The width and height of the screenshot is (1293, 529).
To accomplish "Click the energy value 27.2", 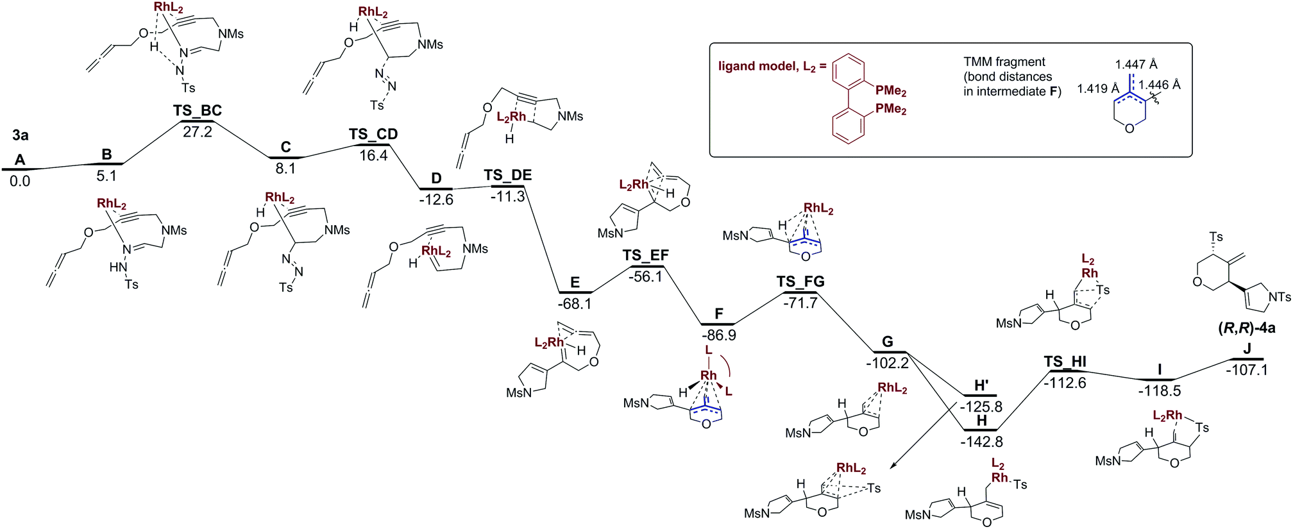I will click(197, 132).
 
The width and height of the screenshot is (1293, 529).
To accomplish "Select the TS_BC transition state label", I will click(197, 111).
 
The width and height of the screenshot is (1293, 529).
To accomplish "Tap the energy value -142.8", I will click(981, 441).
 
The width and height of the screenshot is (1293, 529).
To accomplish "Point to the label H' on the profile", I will click(981, 385).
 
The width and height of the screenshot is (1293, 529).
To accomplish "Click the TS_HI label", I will click(1065, 362).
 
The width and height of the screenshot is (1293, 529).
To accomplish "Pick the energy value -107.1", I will click(1247, 370).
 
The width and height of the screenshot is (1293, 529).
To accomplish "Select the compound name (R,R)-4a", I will click(1246, 328).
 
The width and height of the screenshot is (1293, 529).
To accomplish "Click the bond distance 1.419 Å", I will click(1097, 88).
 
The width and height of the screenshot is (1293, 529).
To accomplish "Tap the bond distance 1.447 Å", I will click(1136, 65).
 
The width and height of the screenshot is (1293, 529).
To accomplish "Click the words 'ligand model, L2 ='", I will click(772, 67).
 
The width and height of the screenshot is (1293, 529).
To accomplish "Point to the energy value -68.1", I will click(575, 304).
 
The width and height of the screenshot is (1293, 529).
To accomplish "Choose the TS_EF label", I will click(646, 256).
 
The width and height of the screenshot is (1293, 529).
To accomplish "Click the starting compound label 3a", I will click(21, 135).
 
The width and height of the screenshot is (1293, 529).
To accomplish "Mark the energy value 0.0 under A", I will click(20, 181).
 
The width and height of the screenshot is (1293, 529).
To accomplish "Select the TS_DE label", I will click(507, 176).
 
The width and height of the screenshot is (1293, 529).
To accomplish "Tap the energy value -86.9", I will click(718, 335).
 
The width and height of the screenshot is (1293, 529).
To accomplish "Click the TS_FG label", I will click(800, 282).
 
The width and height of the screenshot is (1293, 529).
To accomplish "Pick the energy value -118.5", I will click(1159, 390).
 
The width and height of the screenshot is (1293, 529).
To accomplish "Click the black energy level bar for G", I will click(890, 352).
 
